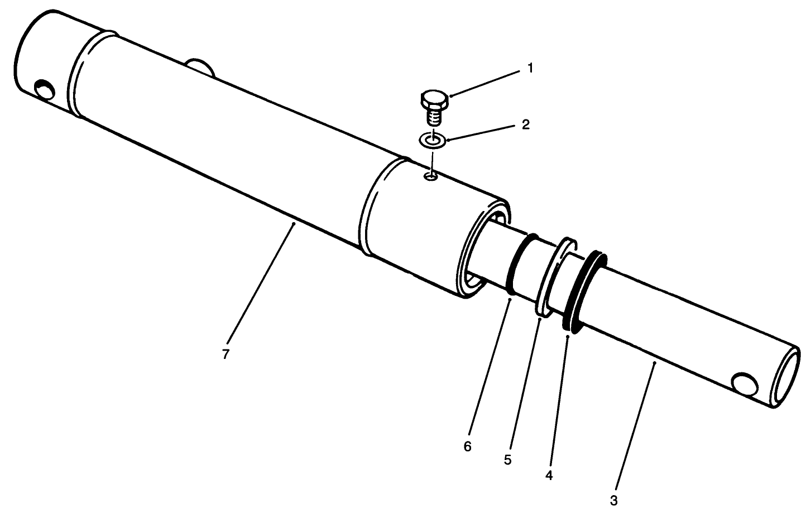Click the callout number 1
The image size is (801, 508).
click(x=530, y=68)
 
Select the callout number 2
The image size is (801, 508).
click(x=525, y=124)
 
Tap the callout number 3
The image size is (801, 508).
click(x=613, y=500)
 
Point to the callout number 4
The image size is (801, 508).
click(x=549, y=475)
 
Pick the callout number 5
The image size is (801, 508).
click(x=507, y=459)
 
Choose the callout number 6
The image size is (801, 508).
click(x=467, y=447)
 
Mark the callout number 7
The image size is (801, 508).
click(x=226, y=354)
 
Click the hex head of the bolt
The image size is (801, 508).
click(x=433, y=101)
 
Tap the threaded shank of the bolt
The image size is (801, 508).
click(x=433, y=117)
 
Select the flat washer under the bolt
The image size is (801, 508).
click(x=432, y=140)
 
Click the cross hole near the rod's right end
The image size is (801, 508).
click(x=744, y=384)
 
